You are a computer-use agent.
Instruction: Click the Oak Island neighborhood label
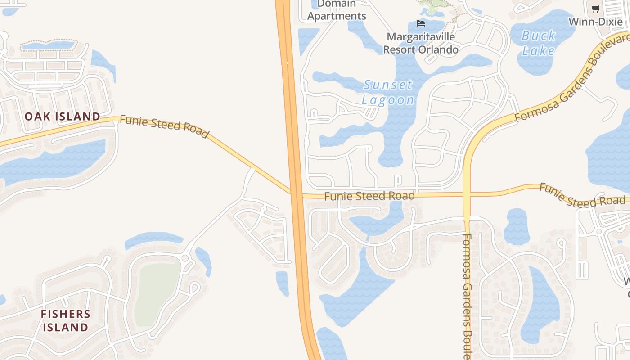(62, 117)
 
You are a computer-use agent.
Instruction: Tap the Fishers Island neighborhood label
(66, 320)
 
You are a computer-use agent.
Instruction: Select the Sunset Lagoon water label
(388, 92)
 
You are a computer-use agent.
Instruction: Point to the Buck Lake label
(538, 43)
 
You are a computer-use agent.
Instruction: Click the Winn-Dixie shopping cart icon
(595, 9)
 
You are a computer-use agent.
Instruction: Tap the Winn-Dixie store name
(595, 22)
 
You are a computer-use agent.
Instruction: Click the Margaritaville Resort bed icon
(421, 23)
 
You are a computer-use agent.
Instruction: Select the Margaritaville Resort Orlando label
(421, 43)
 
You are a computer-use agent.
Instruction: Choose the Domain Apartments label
(337, 10)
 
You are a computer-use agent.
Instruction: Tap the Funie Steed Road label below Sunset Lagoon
(369, 196)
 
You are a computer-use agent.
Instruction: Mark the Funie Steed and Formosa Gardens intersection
(467, 195)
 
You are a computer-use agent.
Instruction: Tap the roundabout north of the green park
(185, 258)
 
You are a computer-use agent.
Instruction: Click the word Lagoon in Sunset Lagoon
(388, 100)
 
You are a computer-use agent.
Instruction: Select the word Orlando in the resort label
(439, 49)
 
